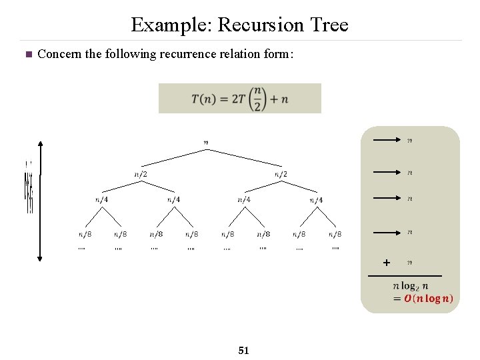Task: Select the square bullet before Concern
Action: [x=27, y=55]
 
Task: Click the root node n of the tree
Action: [x=205, y=141]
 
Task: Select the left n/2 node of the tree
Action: [x=140, y=175]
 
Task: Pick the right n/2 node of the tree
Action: [x=281, y=175]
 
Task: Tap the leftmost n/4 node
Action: [x=102, y=199]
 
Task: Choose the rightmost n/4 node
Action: [x=316, y=199]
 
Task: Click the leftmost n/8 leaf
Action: [x=85, y=234]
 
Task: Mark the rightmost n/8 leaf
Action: [x=335, y=234]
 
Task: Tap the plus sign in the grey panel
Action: [x=387, y=263]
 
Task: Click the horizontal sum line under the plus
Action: [x=405, y=275]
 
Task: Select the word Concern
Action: [x=59, y=54]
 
